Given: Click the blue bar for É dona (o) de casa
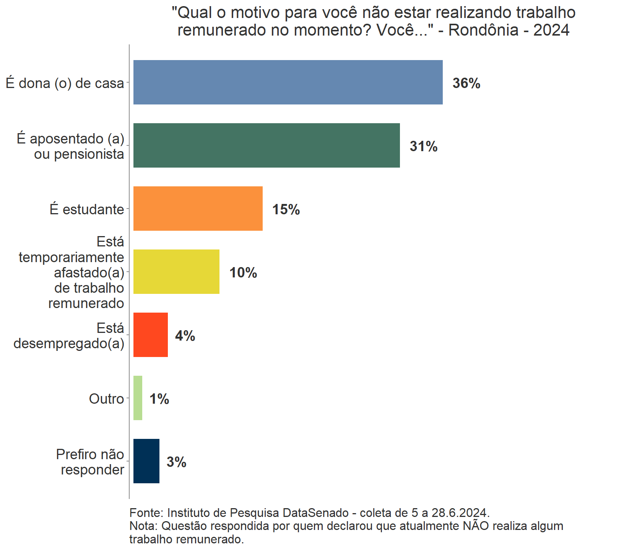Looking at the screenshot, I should pyautogui.click(x=288, y=82).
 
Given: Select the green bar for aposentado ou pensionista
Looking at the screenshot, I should pyautogui.click(x=266, y=145).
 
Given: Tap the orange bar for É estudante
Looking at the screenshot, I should pyautogui.click(x=198, y=209).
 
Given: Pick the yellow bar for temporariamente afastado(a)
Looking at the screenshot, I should pyautogui.click(x=176, y=272).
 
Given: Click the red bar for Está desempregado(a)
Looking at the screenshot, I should pyautogui.click(x=150, y=335).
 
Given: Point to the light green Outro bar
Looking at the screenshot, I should pyautogui.click(x=138, y=398).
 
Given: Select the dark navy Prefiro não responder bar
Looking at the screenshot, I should pyautogui.click(x=146, y=461).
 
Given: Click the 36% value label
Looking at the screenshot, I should pyautogui.click(x=466, y=83).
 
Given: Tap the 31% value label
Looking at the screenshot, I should pyautogui.click(x=423, y=146).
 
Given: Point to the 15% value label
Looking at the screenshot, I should pyautogui.click(x=286, y=209).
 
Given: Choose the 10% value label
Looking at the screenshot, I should pyautogui.click(x=243, y=272).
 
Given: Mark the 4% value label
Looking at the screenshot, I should pyautogui.click(x=185, y=336).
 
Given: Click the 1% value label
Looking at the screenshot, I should pyautogui.click(x=159, y=399).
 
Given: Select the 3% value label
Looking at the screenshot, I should pyautogui.click(x=176, y=462).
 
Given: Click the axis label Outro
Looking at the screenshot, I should pyautogui.click(x=106, y=399).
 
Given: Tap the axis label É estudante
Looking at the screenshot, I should pyautogui.click(x=87, y=209).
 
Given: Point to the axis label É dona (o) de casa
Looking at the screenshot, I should pyautogui.click(x=65, y=83).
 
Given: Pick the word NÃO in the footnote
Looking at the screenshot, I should pyautogui.click(x=475, y=526).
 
